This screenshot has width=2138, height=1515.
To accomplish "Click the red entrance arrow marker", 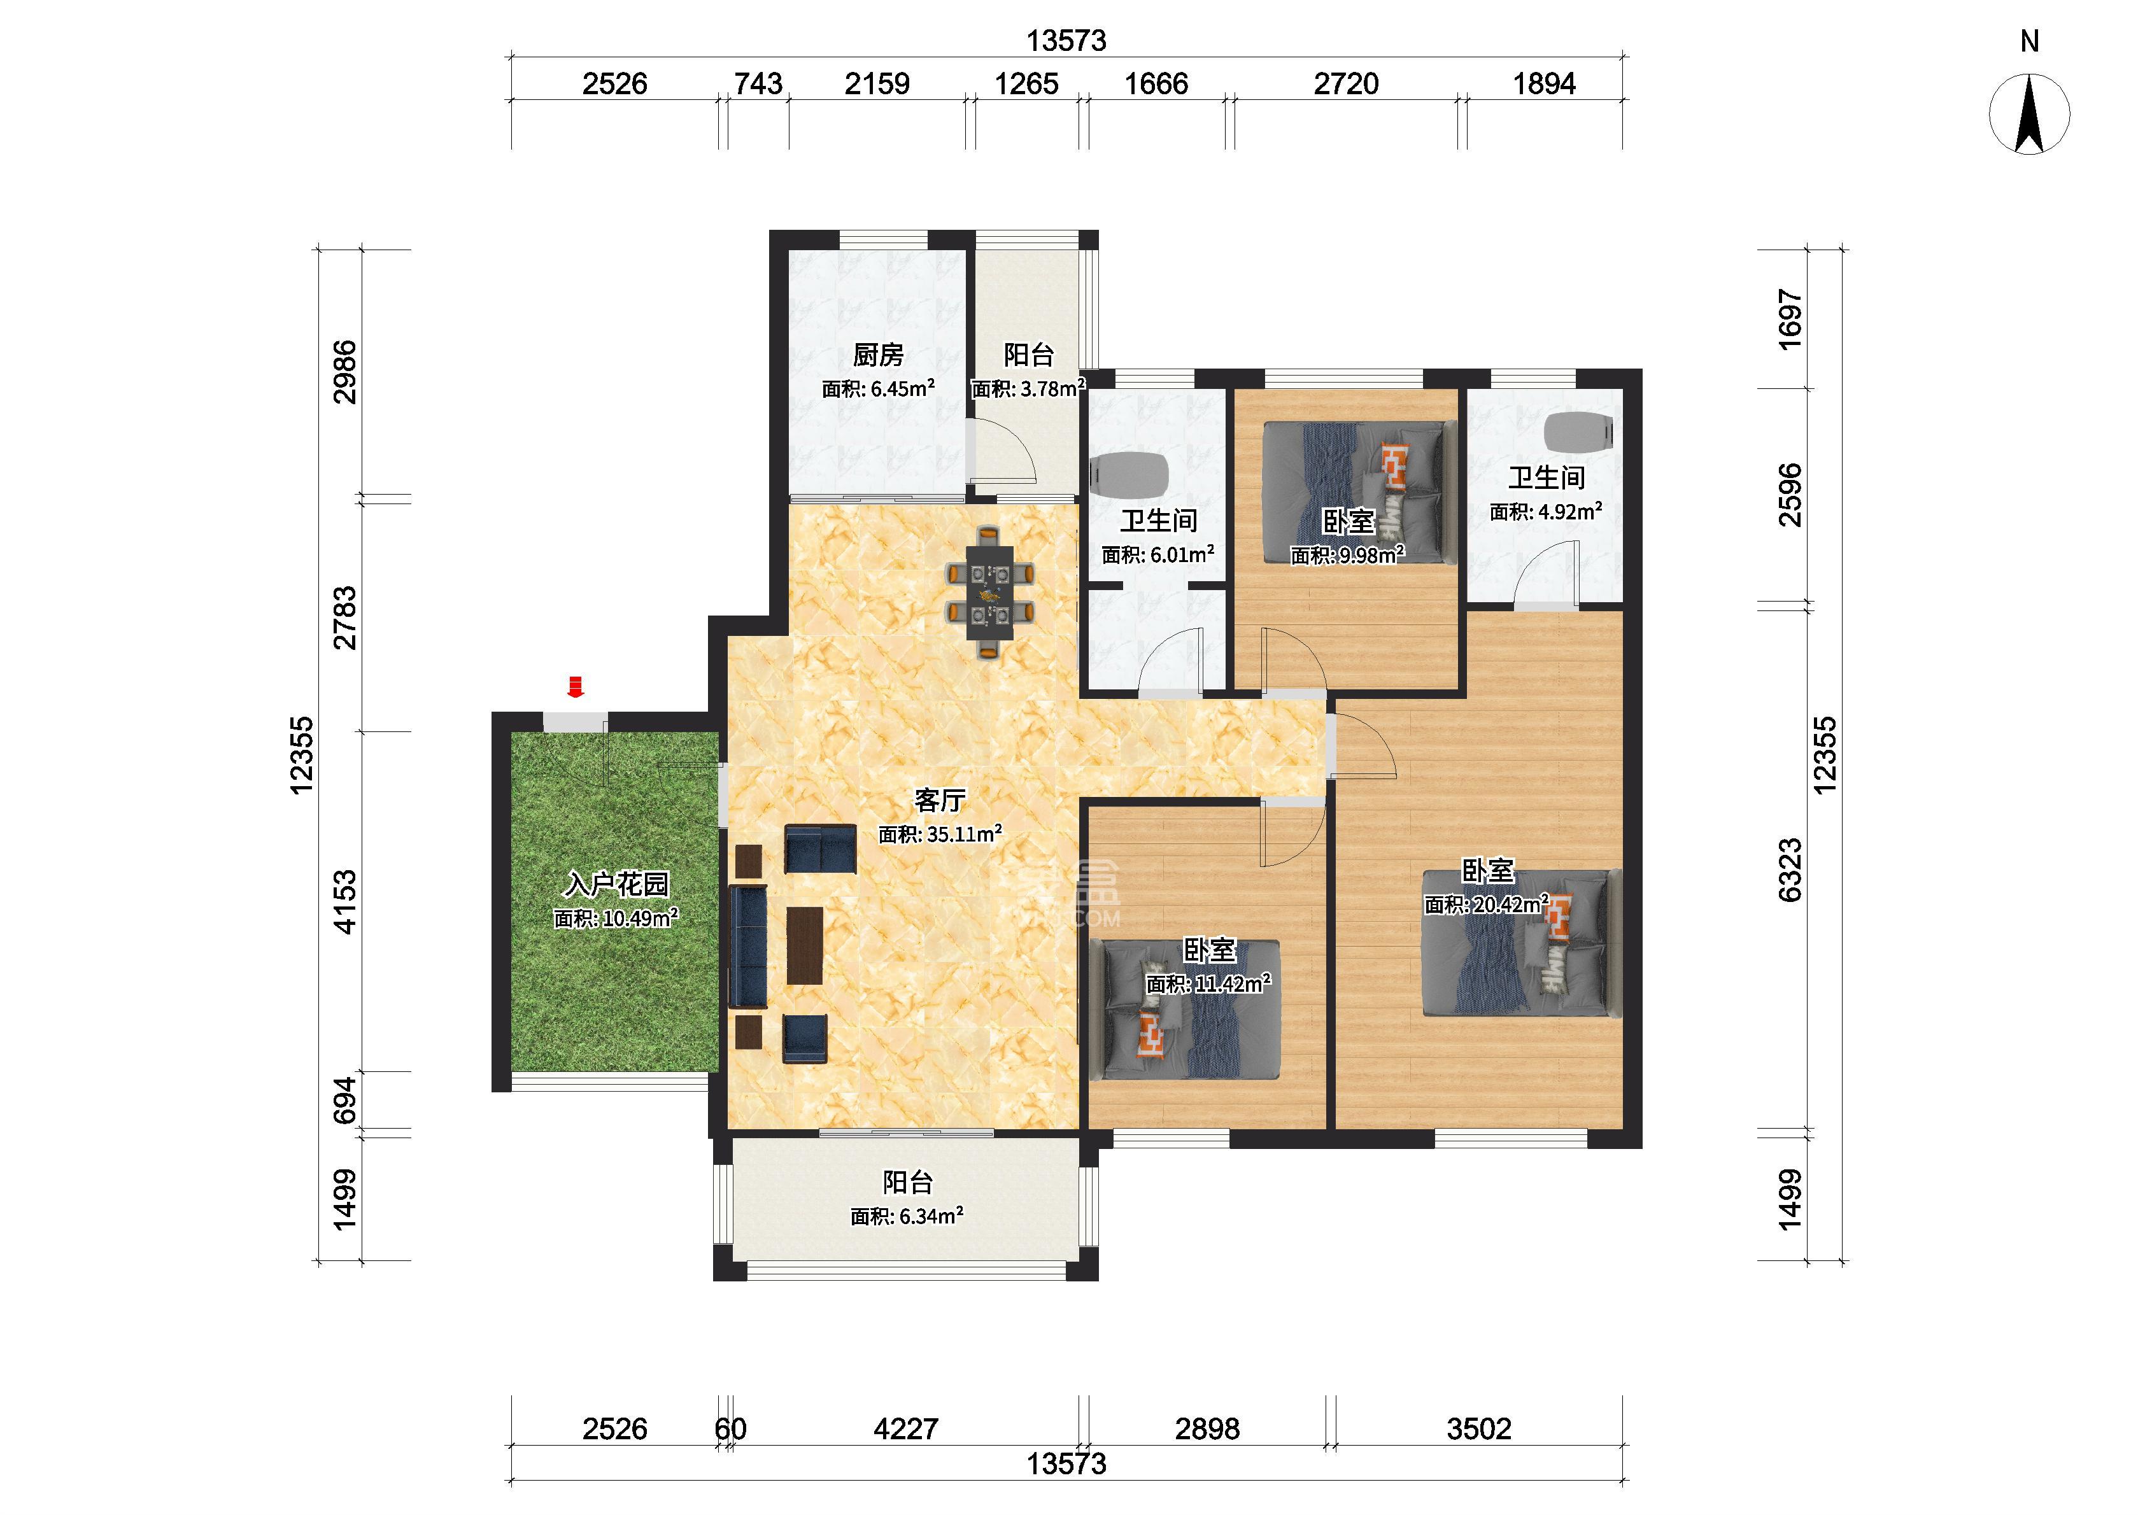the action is pyautogui.click(x=576, y=687).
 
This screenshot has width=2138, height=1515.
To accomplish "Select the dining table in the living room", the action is pyautogui.click(x=989, y=595).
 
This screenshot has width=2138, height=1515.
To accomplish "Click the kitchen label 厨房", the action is pyautogui.click(x=878, y=355).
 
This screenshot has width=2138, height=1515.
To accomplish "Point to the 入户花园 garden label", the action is pyautogui.click(x=616, y=884).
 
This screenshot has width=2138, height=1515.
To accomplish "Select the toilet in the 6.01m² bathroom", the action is pyautogui.click(x=1129, y=474).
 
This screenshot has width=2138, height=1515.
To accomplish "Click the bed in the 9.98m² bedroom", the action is pyautogui.click(x=1358, y=491).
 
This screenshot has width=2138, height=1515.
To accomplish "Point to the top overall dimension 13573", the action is pyautogui.click(x=1066, y=41).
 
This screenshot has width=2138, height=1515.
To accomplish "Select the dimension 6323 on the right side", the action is pyautogui.click(x=1790, y=870).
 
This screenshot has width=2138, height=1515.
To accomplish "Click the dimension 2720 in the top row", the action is pyautogui.click(x=1346, y=84).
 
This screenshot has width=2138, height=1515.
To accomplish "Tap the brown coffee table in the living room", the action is pyautogui.click(x=805, y=945).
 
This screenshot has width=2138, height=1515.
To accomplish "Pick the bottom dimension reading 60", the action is pyautogui.click(x=730, y=1428).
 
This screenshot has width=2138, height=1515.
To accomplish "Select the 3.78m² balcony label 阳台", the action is pyautogui.click(x=1029, y=355).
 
